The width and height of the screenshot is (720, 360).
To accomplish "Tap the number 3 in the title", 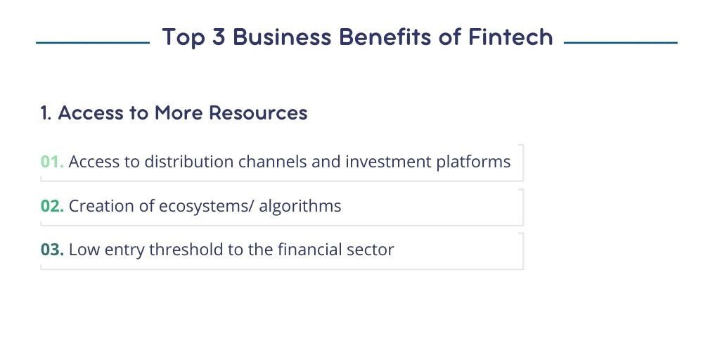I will point(218,37).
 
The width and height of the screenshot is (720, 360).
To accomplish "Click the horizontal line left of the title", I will point(93,43).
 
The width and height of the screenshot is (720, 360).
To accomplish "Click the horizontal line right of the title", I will point(620,43).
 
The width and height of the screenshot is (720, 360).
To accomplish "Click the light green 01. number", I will point(52,162).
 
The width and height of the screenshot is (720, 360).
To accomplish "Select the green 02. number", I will point(52,206).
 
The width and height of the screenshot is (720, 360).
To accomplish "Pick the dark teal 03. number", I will point(52,250).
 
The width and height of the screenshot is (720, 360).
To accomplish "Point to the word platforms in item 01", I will point(473,162).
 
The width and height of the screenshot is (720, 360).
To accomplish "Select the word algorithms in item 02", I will point(300,207).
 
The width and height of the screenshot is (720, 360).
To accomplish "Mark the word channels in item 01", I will point(271,162).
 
